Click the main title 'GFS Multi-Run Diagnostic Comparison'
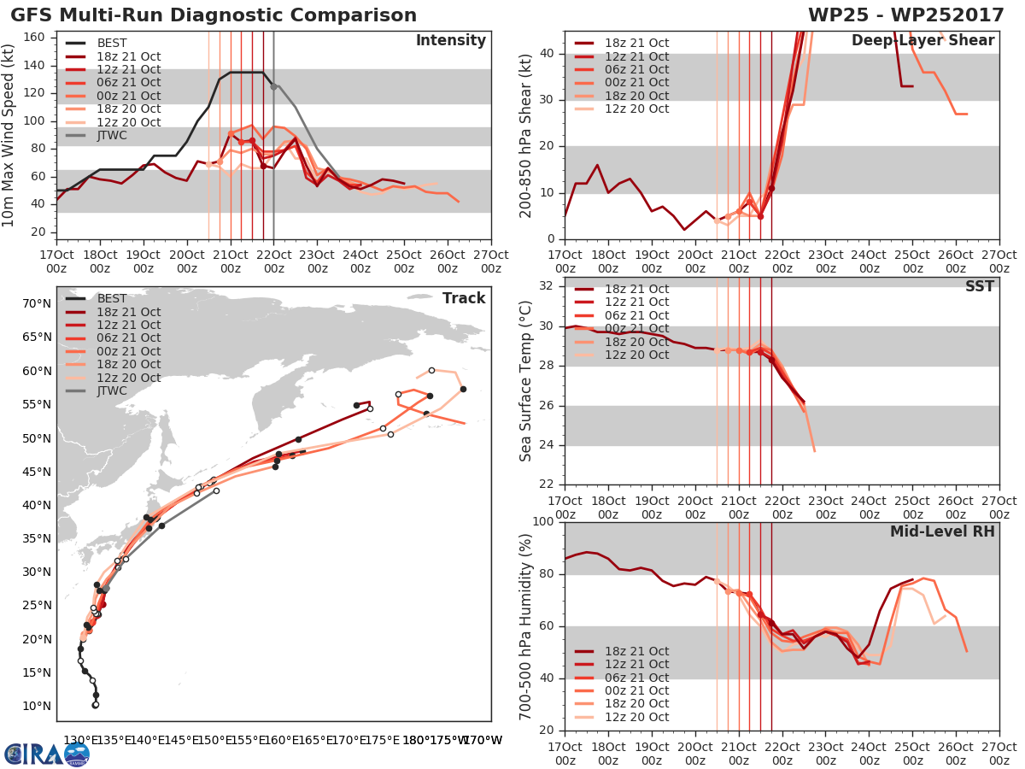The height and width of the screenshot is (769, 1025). [214, 15]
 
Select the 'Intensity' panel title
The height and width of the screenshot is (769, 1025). [451, 41]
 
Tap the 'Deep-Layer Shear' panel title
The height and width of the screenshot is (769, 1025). [922, 41]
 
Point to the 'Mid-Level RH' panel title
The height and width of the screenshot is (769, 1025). [942, 531]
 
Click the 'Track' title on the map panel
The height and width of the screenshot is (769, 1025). [464, 298]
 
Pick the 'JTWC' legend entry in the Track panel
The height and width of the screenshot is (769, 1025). [112, 390]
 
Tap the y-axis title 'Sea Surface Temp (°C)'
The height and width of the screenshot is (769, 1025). [525, 380]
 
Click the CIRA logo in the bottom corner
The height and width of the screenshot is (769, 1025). [46, 754]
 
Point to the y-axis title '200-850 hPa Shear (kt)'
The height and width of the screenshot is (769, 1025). [525, 135]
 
